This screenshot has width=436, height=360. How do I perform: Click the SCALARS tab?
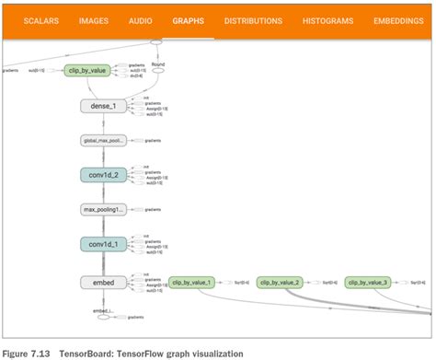pyautogui.click(x=41, y=19)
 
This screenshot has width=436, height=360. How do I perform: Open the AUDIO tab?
pyautogui.click(x=142, y=19)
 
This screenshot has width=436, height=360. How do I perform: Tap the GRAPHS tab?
pyautogui.click(x=189, y=19)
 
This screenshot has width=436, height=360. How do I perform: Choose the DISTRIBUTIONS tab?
pyautogui.click(x=253, y=19)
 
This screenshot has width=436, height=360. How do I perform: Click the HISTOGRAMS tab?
pyautogui.click(x=328, y=19)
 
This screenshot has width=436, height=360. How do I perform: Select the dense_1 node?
pyautogui.click(x=102, y=106)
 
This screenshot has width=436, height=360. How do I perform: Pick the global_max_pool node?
pyautogui.click(x=102, y=141)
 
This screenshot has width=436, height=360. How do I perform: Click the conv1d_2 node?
pyautogui.click(x=102, y=175)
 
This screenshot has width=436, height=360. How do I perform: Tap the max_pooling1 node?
pyautogui.click(x=102, y=210)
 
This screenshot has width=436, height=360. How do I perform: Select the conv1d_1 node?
pyautogui.click(x=102, y=244)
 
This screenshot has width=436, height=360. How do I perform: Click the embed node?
pyautogui.click(x=102, y=283)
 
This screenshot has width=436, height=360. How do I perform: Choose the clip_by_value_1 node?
pyautogui.click(x=192, y=283)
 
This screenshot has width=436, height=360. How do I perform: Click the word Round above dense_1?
pyautogui.click(x=158, y=64)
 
